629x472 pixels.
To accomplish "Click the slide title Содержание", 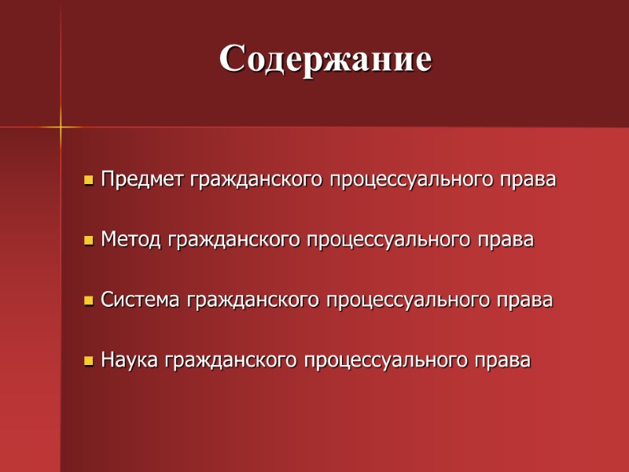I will (326, 59).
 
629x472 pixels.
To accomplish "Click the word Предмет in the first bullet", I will (143, 179).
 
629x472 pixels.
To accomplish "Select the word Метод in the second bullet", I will (132, 240).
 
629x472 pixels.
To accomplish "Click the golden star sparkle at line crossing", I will (61, 127).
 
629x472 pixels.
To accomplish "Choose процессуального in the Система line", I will (410, 301).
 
